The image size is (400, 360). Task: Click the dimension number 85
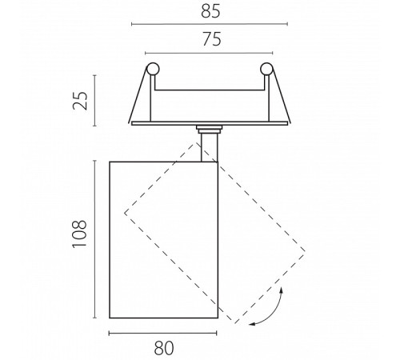tap(210, 11)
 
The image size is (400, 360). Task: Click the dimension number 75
tap(212, 39)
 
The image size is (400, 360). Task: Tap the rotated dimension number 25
tap(80, 101)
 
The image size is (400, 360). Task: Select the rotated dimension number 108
tap(79, 234)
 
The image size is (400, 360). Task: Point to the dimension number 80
tap(164, 348)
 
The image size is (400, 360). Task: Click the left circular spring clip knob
tap(153, 69)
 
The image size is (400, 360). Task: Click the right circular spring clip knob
tap(266, 69)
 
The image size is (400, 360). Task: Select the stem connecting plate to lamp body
tap(210, 147)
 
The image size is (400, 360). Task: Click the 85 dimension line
tap(210, 24)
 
